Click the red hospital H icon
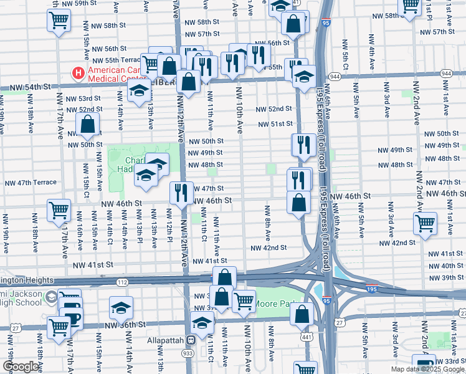78,74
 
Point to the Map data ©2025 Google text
427,369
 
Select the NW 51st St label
277,124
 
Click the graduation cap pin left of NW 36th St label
120,307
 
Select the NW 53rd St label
86,98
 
